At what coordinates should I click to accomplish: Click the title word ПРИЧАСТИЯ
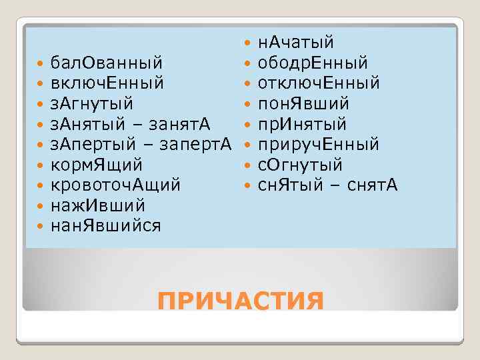coord(240,301)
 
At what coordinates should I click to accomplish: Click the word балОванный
coord(106,63)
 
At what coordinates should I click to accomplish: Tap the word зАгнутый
coord(91,104)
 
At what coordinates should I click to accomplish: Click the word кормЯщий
coord(97,165)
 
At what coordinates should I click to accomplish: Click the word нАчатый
coord(295,43)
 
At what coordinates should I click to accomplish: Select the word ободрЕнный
coord(313,63)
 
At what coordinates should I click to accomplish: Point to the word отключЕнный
coord(319,84)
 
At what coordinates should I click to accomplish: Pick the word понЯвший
coord(303,104)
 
